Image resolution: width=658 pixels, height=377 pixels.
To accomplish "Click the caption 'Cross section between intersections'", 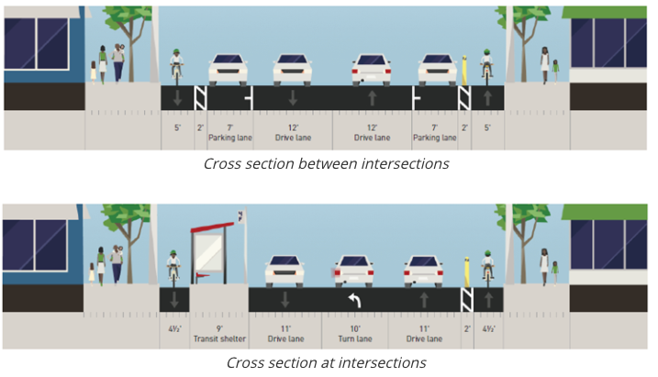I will (x=326, y=164).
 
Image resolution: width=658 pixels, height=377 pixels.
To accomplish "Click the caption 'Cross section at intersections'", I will (x=326, y=362).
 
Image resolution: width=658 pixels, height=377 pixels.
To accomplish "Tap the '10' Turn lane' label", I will (x=354, y=331).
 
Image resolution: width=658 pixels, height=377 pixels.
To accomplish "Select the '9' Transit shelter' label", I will (x=218, y=331).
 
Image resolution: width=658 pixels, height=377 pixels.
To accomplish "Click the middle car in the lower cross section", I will (x=354, y=269).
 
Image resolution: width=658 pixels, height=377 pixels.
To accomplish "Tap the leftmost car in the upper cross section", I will (x=228, y=69).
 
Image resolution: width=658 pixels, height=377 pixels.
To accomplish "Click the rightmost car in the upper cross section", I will (x=438, y=69).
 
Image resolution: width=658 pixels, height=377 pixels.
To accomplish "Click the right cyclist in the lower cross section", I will (x=487, y=266).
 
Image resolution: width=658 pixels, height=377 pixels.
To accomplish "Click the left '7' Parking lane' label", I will (x=227, y=133).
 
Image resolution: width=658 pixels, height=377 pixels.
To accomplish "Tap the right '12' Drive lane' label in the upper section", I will (x=372, y=133).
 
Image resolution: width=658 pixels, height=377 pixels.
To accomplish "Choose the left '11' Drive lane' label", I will (x=284, y=331).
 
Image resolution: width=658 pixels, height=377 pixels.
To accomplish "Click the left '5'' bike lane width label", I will (x=177, y=129).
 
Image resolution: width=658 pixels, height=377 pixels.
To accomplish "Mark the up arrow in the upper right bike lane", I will (x=487, y=97).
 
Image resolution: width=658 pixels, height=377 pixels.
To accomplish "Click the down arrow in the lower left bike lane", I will (x=173, y=299).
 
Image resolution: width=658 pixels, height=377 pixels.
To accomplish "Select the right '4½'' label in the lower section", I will (x=488, y=327).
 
